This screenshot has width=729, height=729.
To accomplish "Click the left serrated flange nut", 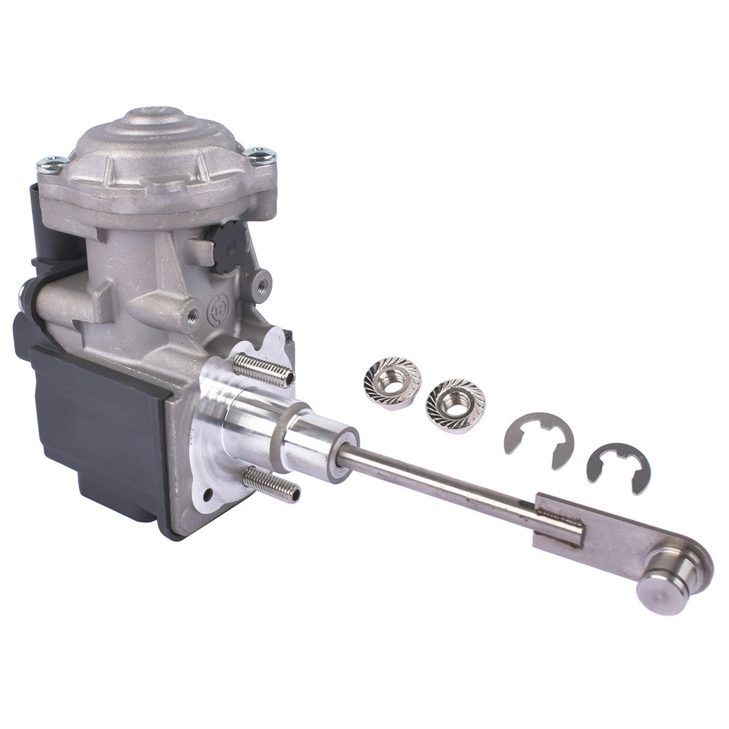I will point(391,382).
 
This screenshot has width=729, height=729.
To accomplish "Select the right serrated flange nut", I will point(454,402).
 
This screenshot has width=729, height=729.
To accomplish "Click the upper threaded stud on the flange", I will point(263,370).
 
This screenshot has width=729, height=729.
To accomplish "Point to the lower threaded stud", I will point(272,484).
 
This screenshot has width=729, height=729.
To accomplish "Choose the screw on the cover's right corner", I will point(260,156).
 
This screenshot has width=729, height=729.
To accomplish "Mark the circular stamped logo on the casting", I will point(217,309).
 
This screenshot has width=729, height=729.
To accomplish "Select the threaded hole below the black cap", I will point(262,285).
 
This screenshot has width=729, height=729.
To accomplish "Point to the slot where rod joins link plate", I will point(558,516).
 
